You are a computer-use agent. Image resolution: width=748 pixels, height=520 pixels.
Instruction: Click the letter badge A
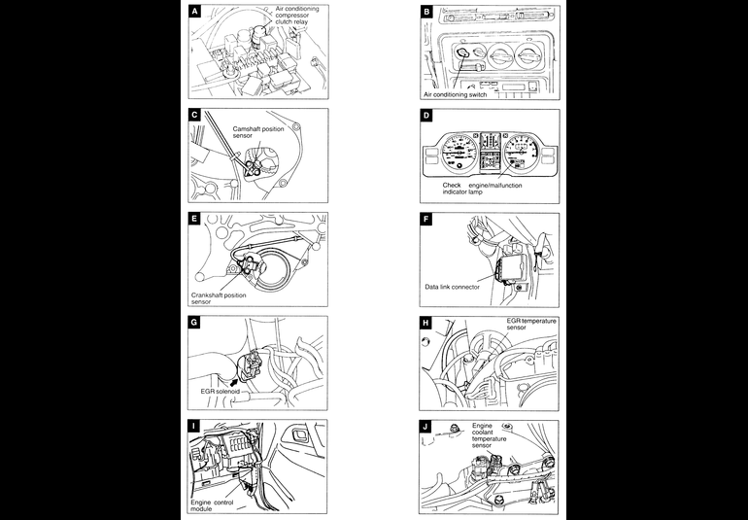coord(195,12)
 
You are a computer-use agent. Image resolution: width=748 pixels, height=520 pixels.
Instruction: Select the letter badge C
coord(195,115)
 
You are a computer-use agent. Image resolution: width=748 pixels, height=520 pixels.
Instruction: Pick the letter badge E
coord(195,219)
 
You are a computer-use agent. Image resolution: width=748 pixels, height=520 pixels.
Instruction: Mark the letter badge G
coord(195,323)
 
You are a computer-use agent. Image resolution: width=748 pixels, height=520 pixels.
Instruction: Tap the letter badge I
coord(195,427)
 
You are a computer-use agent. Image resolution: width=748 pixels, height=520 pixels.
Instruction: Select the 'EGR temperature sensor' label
coord(528,324)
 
